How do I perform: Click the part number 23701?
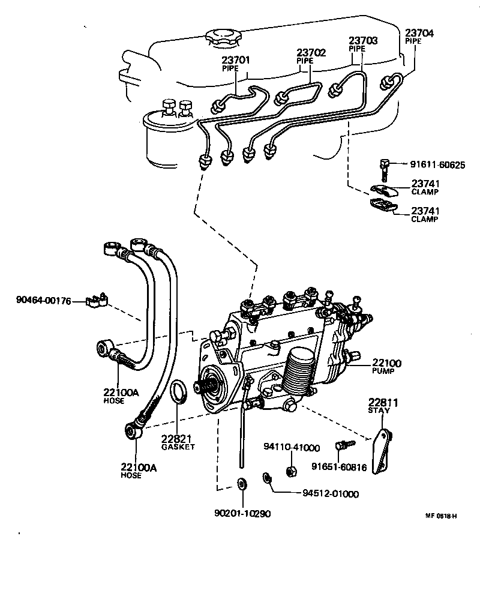236,60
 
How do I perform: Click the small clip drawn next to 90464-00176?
96,299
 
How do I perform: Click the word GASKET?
178,447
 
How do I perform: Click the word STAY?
379,411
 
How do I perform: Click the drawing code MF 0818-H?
442,516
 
